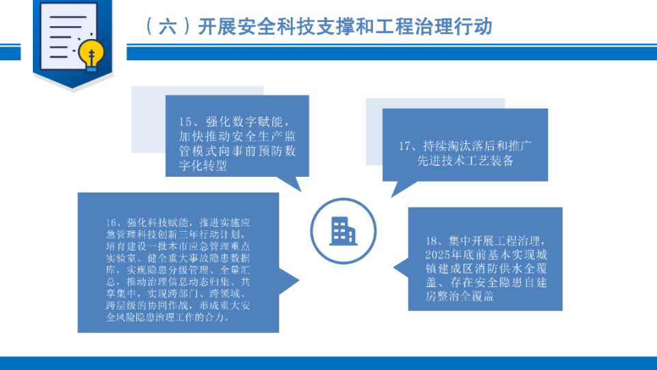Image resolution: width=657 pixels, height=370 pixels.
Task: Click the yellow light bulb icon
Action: click(x=91, y=55)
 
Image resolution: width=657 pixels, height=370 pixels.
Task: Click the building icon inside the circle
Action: click(x=343, y=231)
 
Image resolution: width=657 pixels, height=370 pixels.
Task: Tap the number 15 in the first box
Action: click(x=185, y=122)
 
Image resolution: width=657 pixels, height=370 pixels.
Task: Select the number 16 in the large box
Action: click(x=111, y=223)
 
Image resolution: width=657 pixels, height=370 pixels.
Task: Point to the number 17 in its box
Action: click(x=404, y=146)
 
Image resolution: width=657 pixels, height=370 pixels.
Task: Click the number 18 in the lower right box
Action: click(x=432, y=241)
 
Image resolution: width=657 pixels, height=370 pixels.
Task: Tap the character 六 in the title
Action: click(x=167, y=27)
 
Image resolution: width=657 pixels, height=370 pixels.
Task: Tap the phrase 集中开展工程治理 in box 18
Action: click(x=494, y=241)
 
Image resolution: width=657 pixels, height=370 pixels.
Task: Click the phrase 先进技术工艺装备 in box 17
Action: click(x=465, y=160)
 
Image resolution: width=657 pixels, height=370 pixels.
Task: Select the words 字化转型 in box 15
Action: click(x=203, y=165)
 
